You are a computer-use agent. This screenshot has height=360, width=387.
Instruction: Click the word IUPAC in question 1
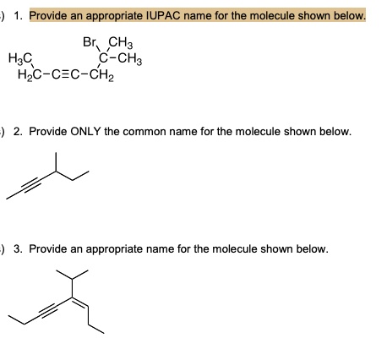click(163, 16)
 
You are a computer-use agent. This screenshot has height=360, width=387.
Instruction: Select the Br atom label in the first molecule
click(90, 42)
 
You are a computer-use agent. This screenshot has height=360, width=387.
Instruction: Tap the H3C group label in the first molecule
click(20, 58)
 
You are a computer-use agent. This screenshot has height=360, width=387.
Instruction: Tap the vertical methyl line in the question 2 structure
click(56, 162)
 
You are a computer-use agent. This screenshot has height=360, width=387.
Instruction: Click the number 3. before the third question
click(19, 249)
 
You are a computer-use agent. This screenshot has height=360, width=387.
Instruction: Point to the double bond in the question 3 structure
click(80, 303)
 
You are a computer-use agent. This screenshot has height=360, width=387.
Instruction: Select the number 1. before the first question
click(19, 16)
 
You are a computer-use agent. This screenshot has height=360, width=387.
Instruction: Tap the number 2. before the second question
click(19, 132)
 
